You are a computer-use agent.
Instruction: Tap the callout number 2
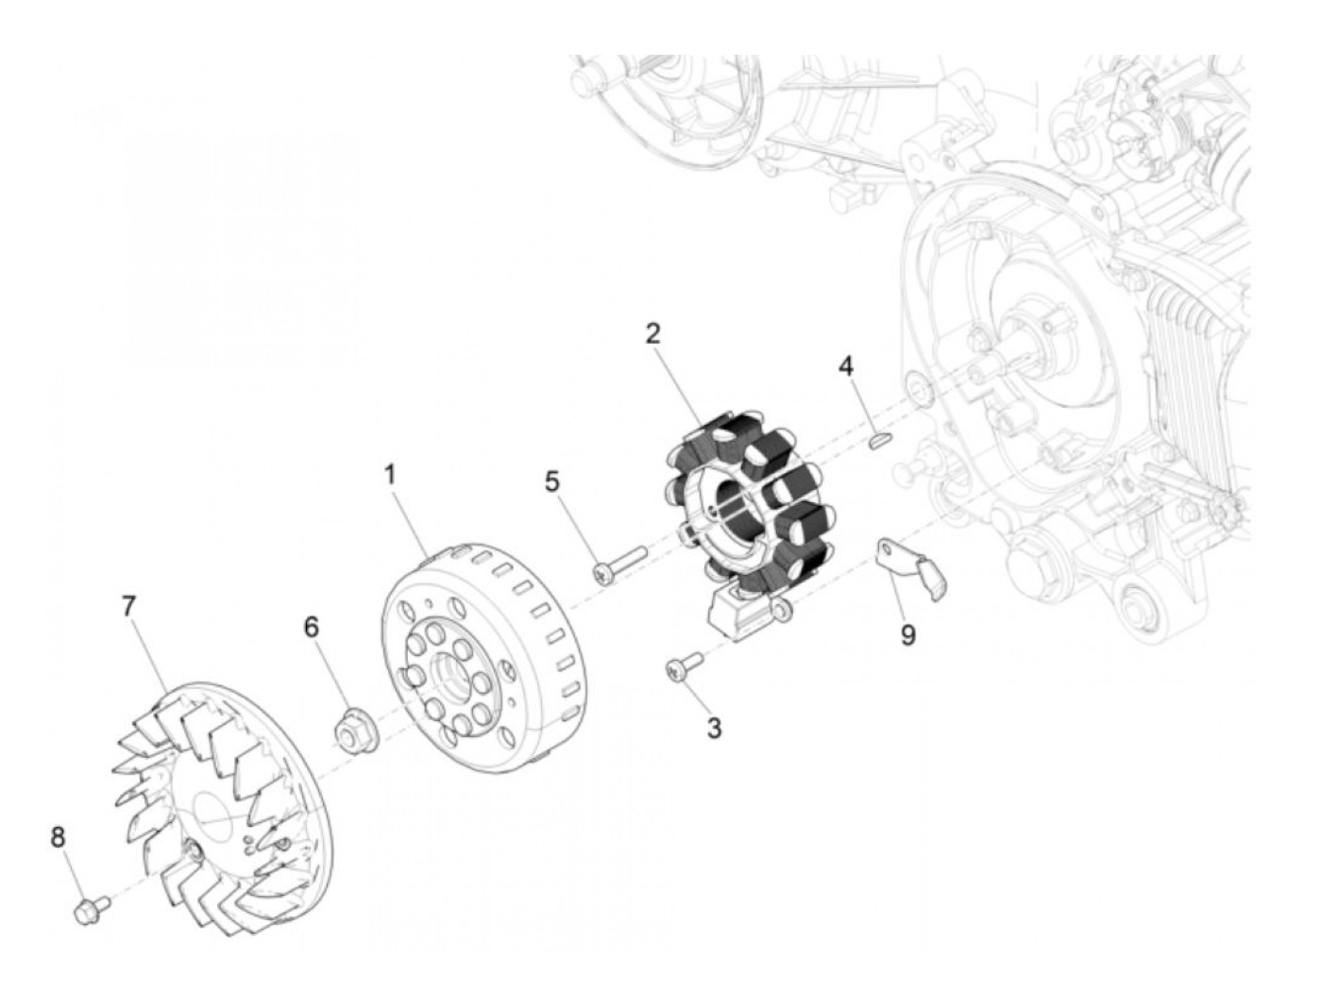(653, 333)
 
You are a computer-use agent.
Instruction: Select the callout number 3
(714, 729)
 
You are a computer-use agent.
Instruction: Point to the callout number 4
(846, 365)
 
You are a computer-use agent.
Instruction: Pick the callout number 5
(552, 482)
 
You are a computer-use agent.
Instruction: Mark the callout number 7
(128, 606)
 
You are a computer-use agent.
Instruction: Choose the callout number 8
(58, 836)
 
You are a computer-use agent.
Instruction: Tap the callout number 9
(907, 635)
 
